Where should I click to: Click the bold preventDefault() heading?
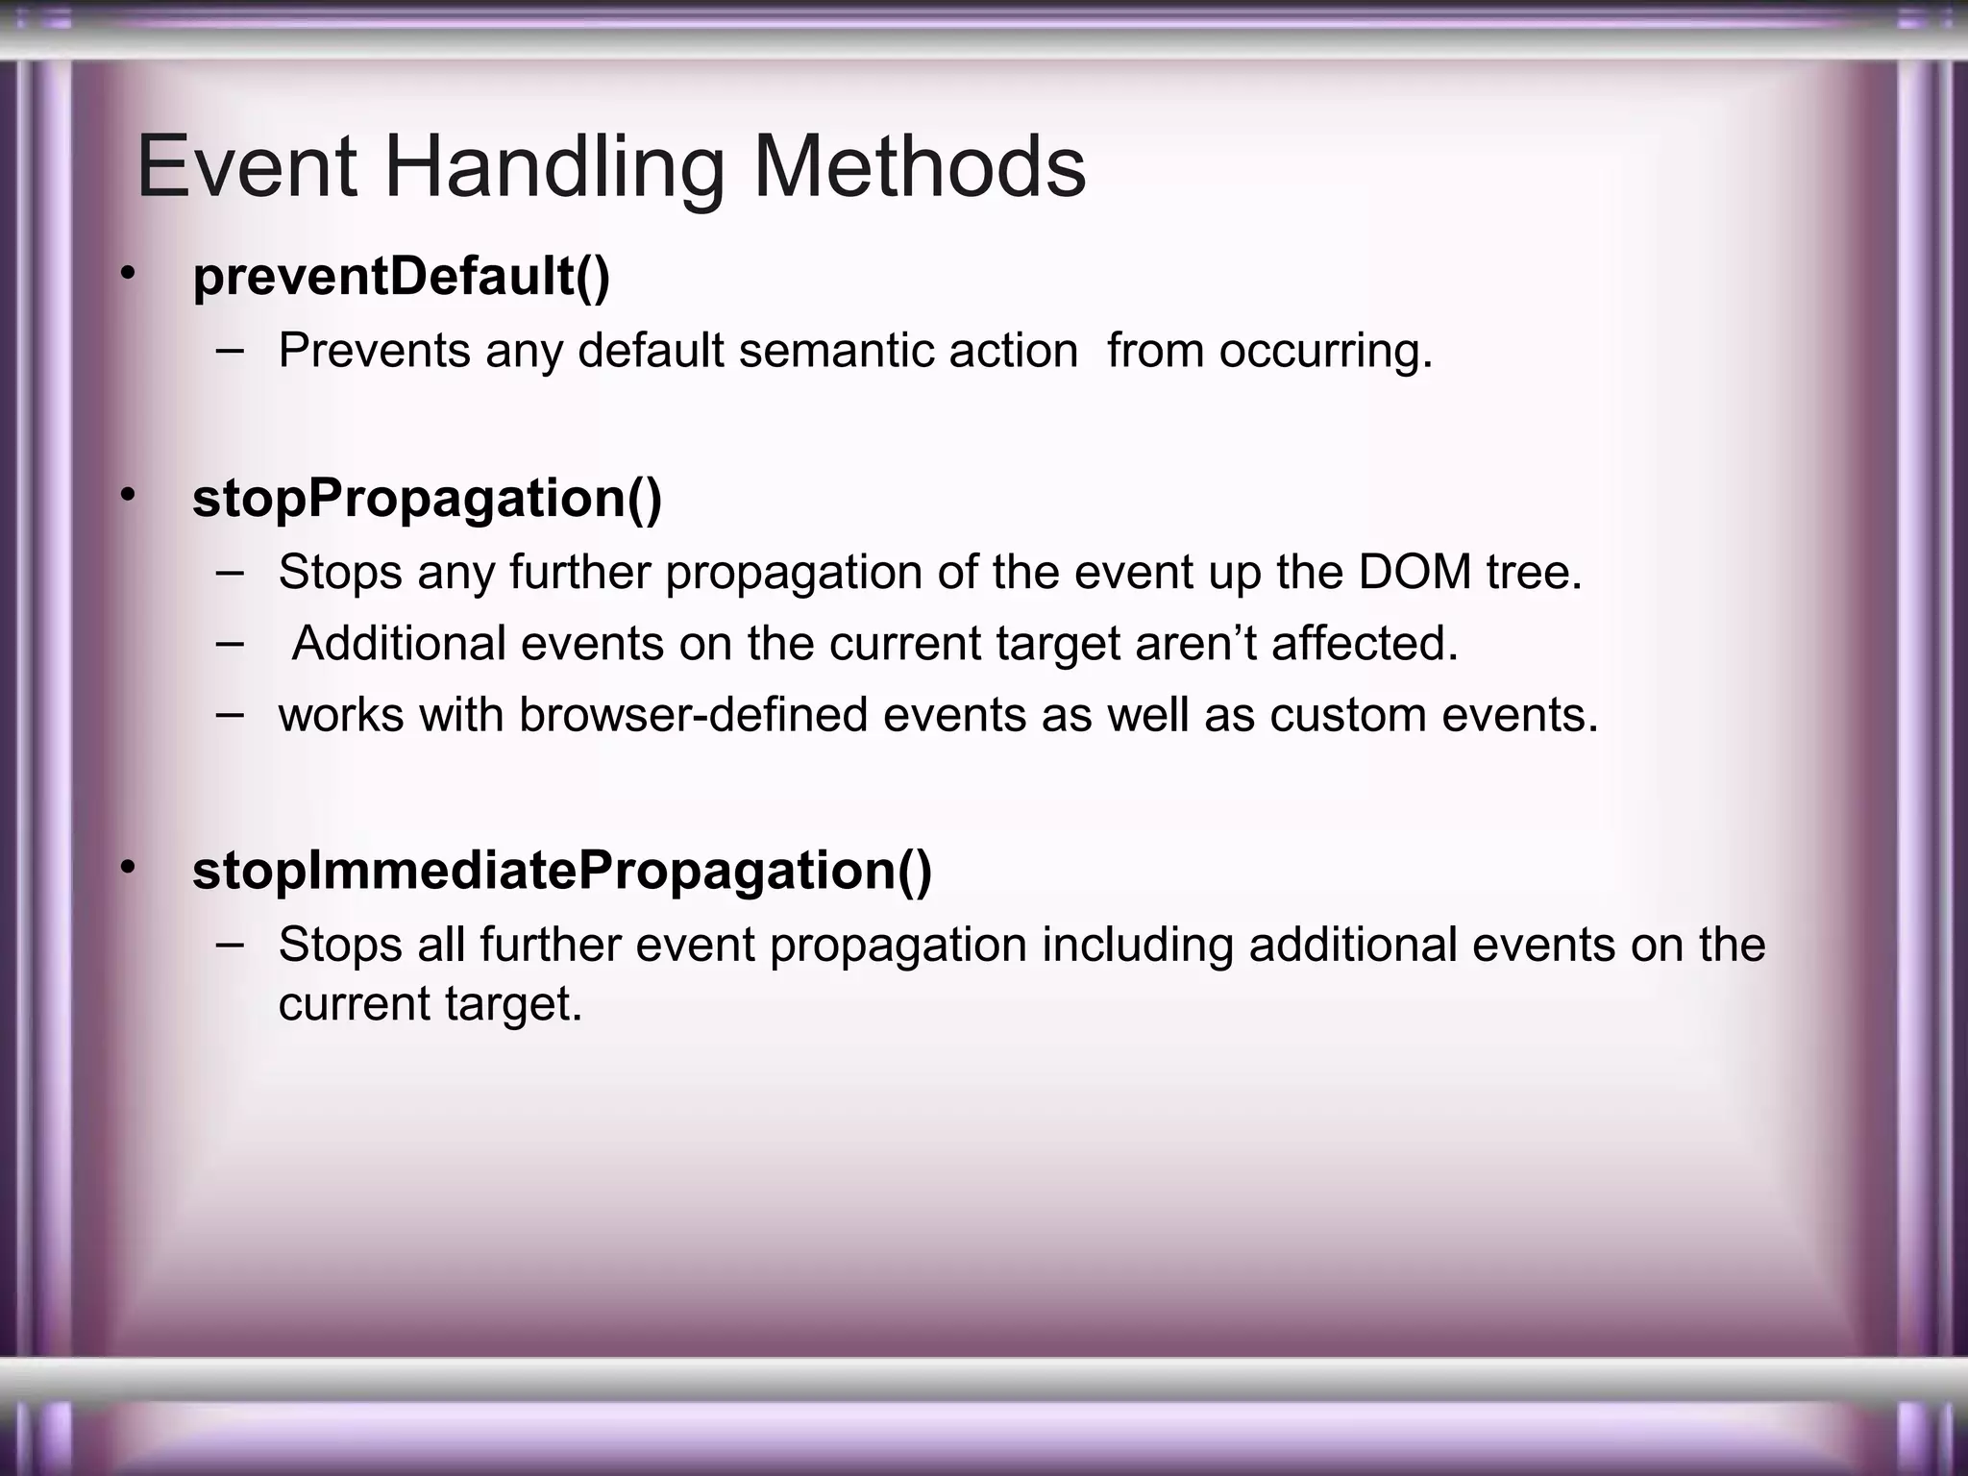[401, 277]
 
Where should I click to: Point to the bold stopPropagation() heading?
[427, 499]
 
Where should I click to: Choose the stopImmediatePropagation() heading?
[562, 871]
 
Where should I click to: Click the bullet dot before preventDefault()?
[128, 275]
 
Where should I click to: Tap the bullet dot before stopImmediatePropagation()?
[128, 868]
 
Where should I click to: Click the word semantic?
[836, 351]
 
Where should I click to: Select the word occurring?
[1326, 351]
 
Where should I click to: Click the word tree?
[1534, 573]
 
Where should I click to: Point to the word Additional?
[399, 644]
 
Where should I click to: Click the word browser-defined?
[693, 716]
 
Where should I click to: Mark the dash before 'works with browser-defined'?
[230, 714]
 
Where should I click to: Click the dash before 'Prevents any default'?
[230, 350]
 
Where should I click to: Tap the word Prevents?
[374, 351]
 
